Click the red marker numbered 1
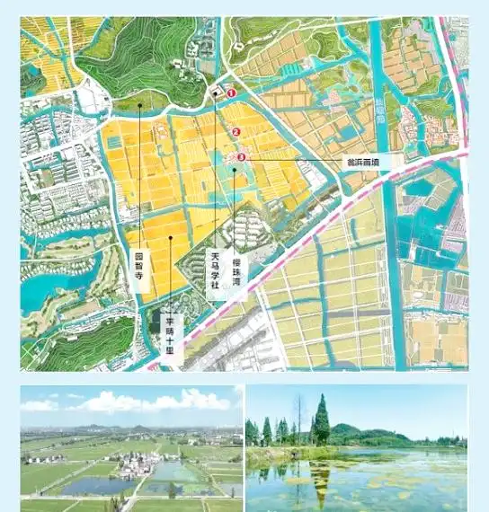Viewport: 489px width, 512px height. tap(230, 93)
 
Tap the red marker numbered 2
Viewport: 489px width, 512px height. tap(236, 132)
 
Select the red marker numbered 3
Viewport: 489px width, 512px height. tap(241, 157)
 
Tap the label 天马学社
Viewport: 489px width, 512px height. tap(215, 269)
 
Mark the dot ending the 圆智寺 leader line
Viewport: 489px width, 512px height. tap(140, 105)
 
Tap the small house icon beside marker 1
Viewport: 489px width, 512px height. tap(216, 92)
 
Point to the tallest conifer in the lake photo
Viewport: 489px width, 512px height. tap(321, 419)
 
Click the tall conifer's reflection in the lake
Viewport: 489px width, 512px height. tap(321, 476)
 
